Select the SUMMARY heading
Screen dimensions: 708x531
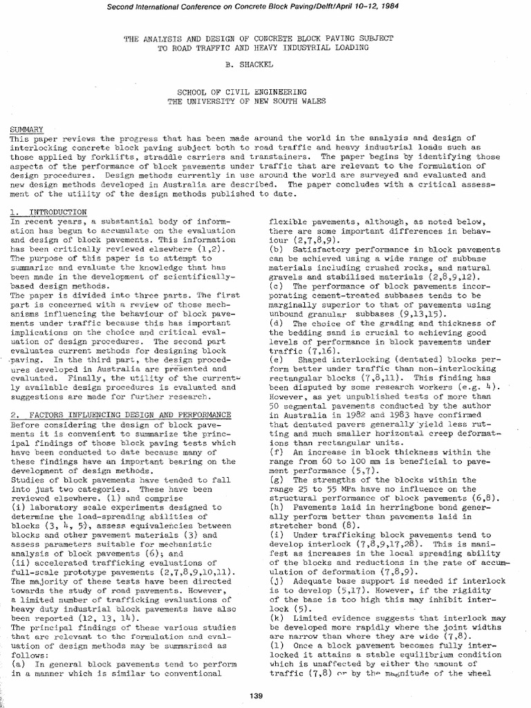coord(26,129)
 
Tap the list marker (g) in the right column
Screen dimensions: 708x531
coord(277,479)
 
